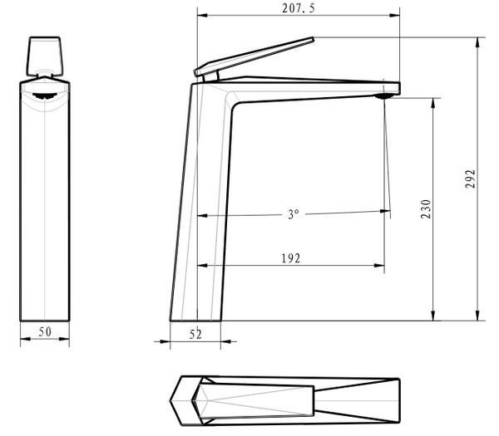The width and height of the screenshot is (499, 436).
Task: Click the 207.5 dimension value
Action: click(x=299, y=8)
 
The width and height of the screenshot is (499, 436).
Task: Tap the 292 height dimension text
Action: click(x=470, y=179)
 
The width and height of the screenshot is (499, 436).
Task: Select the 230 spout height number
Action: click(x=426, y=209)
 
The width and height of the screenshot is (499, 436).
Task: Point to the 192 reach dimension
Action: click(x=291, y=258)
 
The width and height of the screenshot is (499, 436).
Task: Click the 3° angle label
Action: click(x=294, y=214)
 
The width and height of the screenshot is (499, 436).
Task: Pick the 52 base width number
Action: click(x=195, y=335)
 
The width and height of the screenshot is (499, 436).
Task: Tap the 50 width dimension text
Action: click(x=45, y=331)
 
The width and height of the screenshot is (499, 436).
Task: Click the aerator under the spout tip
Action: click(x=385, y=96)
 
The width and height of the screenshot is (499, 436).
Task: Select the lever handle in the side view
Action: click(x=254, y=56)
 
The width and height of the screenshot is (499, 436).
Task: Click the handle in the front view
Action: click(x=45, y=56)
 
